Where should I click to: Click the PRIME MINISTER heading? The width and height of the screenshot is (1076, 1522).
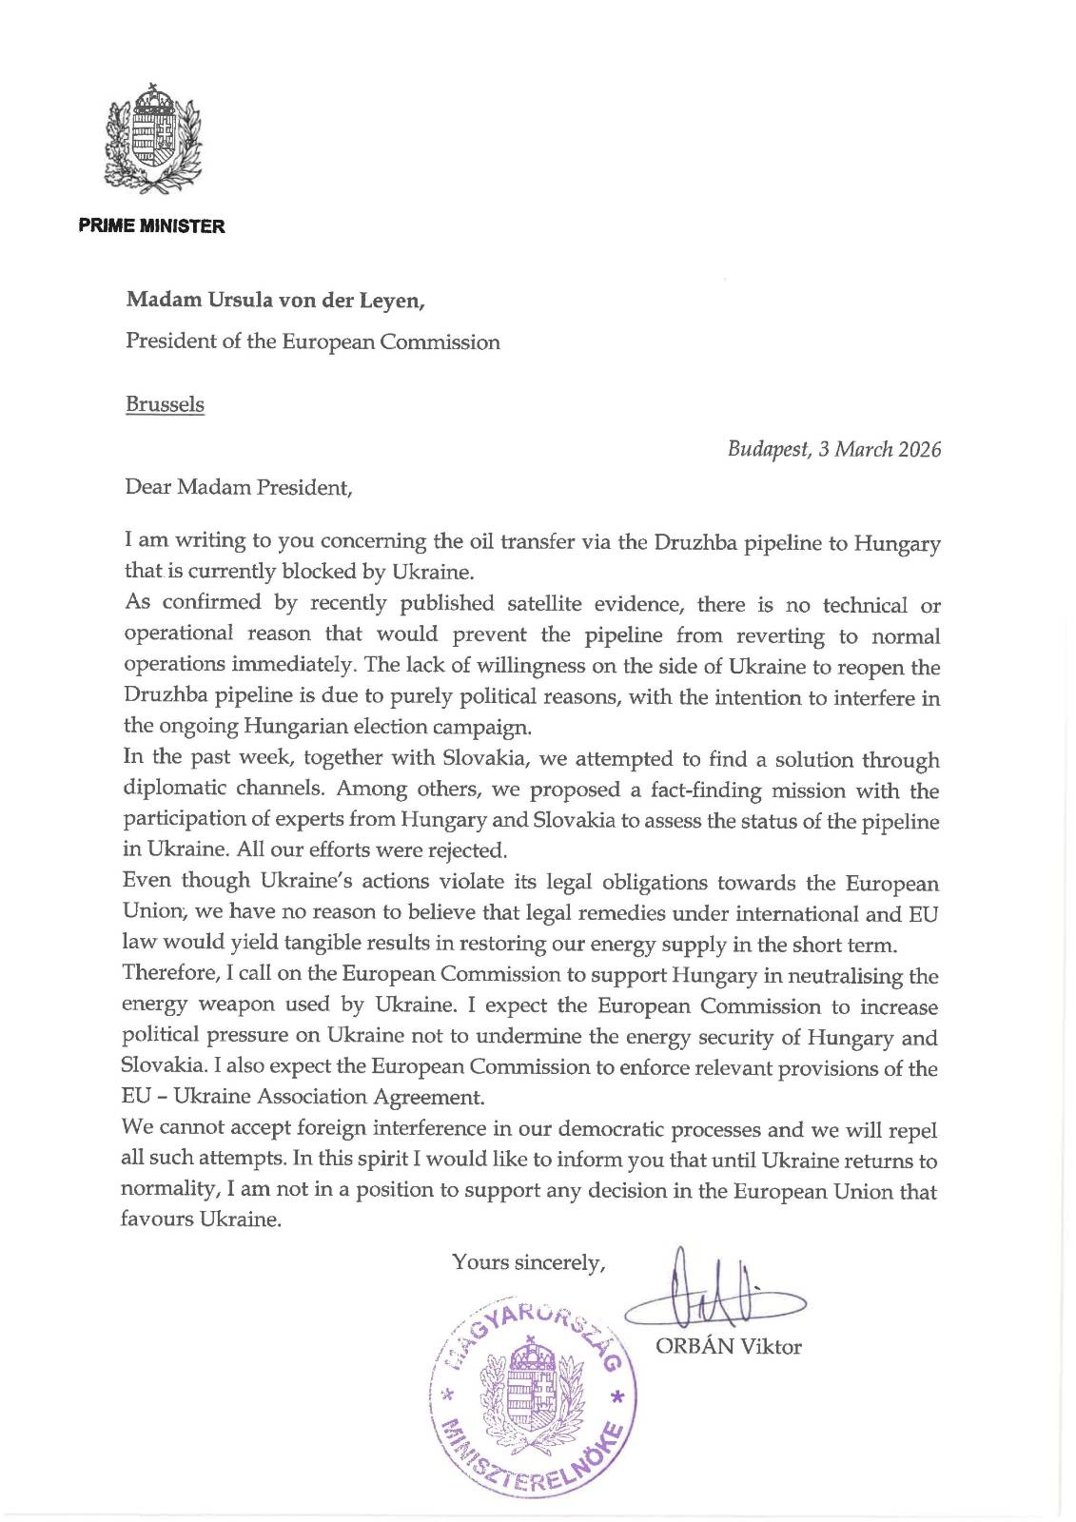pyautogui.click(x=152, y=226)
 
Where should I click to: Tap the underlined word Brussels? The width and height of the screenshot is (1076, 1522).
pyautogui.click(x=165, y=404)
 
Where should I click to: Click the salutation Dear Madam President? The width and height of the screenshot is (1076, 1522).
pyautogui.click(x=239, y=488)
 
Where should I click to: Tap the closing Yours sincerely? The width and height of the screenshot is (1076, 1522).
pyautogui.click(x=529, y=1262)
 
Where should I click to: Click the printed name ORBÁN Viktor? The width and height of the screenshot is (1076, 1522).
pyautogui.click(x=728, y=1347)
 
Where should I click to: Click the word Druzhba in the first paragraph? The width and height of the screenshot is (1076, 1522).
pyautogui.click(x=692, y=542)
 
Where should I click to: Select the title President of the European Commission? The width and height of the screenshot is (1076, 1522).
pyautogui.click(x=313, y=342)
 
